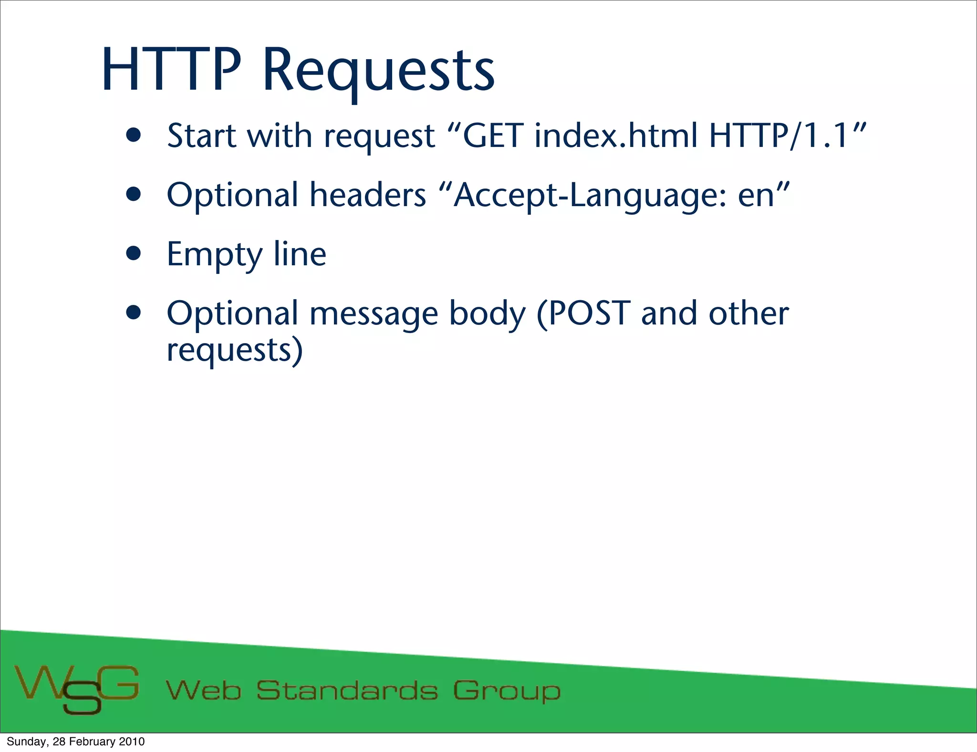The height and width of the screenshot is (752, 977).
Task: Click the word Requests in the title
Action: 378,72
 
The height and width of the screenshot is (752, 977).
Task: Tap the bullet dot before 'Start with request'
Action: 134,136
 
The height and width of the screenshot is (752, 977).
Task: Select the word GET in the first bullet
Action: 493,136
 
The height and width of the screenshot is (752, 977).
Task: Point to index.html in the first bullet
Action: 616,136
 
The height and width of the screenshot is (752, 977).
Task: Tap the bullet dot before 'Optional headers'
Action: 134,195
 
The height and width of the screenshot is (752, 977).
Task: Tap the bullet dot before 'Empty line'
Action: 134,254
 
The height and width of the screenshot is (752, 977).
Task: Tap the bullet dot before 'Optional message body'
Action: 134,313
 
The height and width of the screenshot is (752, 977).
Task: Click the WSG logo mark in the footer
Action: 77,688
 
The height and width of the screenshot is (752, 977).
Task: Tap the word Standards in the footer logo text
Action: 347,690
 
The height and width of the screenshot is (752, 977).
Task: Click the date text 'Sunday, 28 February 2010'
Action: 75,742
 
